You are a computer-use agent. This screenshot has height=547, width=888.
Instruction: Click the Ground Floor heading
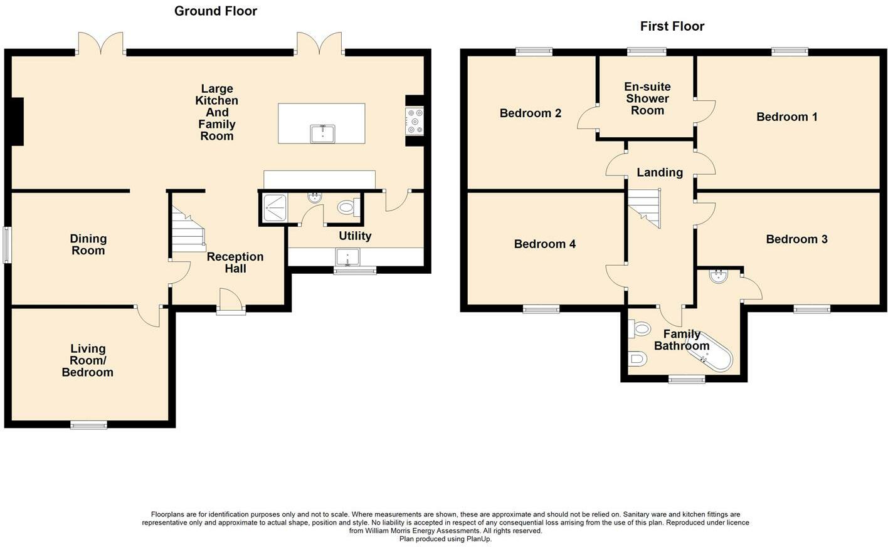pyautogui.click(x=216, y=11)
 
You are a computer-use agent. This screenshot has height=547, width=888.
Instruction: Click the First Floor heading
pyautogui.click(x=672, y=26)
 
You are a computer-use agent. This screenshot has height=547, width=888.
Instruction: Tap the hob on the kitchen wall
pyautogui.click(x=415, y=121)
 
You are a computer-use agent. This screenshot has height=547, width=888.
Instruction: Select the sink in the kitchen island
pyautogui.click(x=323, y=133)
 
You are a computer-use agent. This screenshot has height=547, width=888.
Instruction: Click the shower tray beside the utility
pyautogui.click(x=273, y=207)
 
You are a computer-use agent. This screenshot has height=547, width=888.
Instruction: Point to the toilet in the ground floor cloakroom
pyautogui.click(x=349, y=207)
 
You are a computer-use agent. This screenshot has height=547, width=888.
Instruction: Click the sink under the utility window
pyautogui.click(x=347, y=257)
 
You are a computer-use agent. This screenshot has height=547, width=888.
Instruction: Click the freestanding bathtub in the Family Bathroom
pyautogui.click(x=709, y=355)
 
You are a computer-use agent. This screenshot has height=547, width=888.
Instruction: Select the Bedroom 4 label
pyautogui.click(x=545, y=244)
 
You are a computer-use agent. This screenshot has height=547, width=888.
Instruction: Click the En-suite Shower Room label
pyautogui.click(x=647, y=98)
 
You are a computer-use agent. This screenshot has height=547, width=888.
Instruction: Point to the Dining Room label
pyautogui.click(x=88, y=244)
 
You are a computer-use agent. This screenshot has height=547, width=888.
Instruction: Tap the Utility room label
pyautogui.click(x=355, y=236)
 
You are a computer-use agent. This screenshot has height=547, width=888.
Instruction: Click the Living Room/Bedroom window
pyautogui.click(x=88, y=425)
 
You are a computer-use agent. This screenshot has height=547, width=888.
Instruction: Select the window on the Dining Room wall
pyautogui.click(x=7, y=245)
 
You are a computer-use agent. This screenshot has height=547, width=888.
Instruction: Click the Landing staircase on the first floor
pyautogui.click(x=645, y=208)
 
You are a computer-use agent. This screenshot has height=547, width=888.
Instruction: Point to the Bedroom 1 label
pyautogui.click(x=786, y=117)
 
